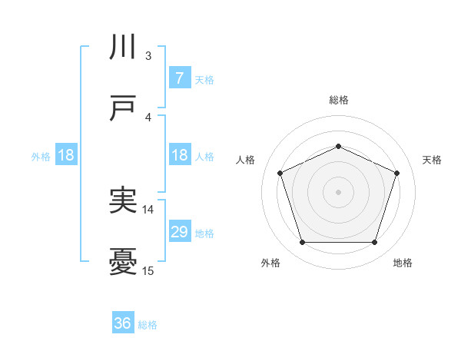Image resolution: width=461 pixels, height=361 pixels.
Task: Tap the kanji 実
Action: (x=123, y=202)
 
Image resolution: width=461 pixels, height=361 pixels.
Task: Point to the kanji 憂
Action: (x=123, y=263)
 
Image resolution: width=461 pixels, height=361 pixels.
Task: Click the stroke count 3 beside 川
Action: (x=148, y=55)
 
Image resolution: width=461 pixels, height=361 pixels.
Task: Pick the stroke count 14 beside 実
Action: (x=148, y=209)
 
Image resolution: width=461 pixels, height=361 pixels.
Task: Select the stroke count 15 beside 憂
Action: (x=148, y=270)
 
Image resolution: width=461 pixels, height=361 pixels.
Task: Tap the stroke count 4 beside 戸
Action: (x=148, y=117)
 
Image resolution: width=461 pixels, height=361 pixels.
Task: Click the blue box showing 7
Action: (x=179, y=78)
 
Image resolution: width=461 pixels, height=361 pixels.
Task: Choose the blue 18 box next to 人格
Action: (x=179, y=155)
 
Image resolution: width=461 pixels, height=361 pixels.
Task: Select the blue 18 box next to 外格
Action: (x=66, y=155)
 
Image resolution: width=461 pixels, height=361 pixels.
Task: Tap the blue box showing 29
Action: (x=179, y=232)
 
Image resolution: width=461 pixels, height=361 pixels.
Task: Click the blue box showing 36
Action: (x=123, y=323)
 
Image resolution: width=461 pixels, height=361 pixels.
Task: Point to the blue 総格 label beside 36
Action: (x=148, y=325)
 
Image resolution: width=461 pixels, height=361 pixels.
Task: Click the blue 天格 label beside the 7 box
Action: (x=204, y=80)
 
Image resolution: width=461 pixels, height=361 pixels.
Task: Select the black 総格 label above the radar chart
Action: (x=338, y=100)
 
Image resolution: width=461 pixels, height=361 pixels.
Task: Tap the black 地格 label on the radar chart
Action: (x=403, y=263)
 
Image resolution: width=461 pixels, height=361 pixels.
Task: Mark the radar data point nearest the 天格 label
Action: (x=397, y=173)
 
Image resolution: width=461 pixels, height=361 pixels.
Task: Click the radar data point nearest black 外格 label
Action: (x=302, y=243)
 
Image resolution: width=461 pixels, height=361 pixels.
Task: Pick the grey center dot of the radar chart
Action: (x=338, y=192)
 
